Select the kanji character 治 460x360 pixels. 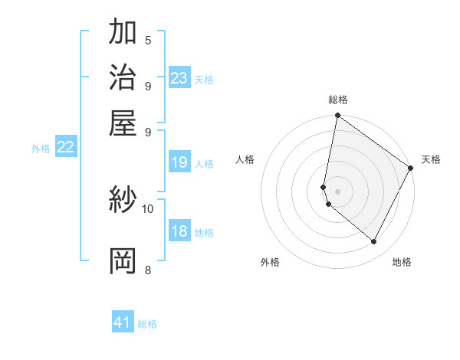123,78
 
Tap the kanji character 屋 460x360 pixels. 123,123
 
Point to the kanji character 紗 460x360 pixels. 123,201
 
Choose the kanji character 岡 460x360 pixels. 123,260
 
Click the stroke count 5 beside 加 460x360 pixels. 148,41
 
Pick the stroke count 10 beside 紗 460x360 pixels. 148,208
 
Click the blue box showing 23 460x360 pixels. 179,78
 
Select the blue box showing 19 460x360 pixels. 179,162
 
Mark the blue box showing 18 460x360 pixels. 179,231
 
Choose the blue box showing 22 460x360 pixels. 66,148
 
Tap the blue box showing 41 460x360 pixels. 123,322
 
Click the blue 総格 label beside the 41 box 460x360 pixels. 147,324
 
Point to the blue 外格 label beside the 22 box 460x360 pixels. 41,149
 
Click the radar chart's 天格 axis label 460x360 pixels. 431,159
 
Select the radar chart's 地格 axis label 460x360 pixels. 402,262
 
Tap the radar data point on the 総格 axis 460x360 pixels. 337,116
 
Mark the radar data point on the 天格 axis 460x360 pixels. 411,169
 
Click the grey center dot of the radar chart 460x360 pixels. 337,191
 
